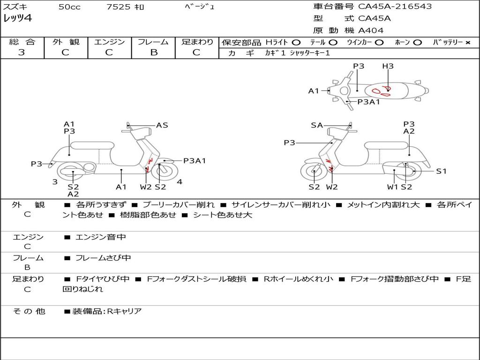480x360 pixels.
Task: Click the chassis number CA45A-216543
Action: (x=395, y=6)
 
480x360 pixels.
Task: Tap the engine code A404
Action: (x=371, y=30)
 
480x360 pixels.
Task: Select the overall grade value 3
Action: (x=22, y=52)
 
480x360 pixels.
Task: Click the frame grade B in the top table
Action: (x=154, y=52)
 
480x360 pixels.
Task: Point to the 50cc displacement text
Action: (x=69, y=7)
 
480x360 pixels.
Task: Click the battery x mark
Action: (x=468, y=43)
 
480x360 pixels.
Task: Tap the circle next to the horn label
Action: (x=418, y=43)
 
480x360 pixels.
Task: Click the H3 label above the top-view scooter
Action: (x=388, y=66)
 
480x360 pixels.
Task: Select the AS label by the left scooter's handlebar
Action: (x=162, y=125)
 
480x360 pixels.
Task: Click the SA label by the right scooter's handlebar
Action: (x=317, y=125)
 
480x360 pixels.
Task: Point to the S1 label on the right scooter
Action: (x=441, y=171)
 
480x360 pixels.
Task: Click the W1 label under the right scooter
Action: (x=393, y=187)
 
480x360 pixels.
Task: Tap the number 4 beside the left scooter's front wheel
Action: (x=180, y=182)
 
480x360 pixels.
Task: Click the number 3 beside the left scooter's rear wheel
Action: (x=55, y=182)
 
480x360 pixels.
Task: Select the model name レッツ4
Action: (x=17, y=18)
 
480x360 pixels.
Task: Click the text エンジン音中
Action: (x=101, y=237)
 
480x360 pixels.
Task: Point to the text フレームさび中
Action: (x=103, y=258)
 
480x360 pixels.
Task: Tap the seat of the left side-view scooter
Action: (x=92, y=145)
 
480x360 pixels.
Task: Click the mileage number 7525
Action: (x=118, y=7)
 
